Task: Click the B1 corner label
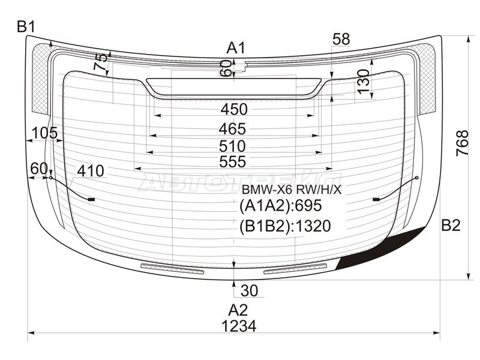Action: [26, 27]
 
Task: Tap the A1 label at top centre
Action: [236, 48]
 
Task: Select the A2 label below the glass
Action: [238, 310]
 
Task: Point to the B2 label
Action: [451, 226]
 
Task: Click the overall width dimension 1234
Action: [238, 326]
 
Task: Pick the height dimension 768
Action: [462, 143]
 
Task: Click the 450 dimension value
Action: [234, 109]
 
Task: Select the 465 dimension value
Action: [232, 129]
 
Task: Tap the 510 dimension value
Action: [232, 146]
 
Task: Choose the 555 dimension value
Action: [232, 161]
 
